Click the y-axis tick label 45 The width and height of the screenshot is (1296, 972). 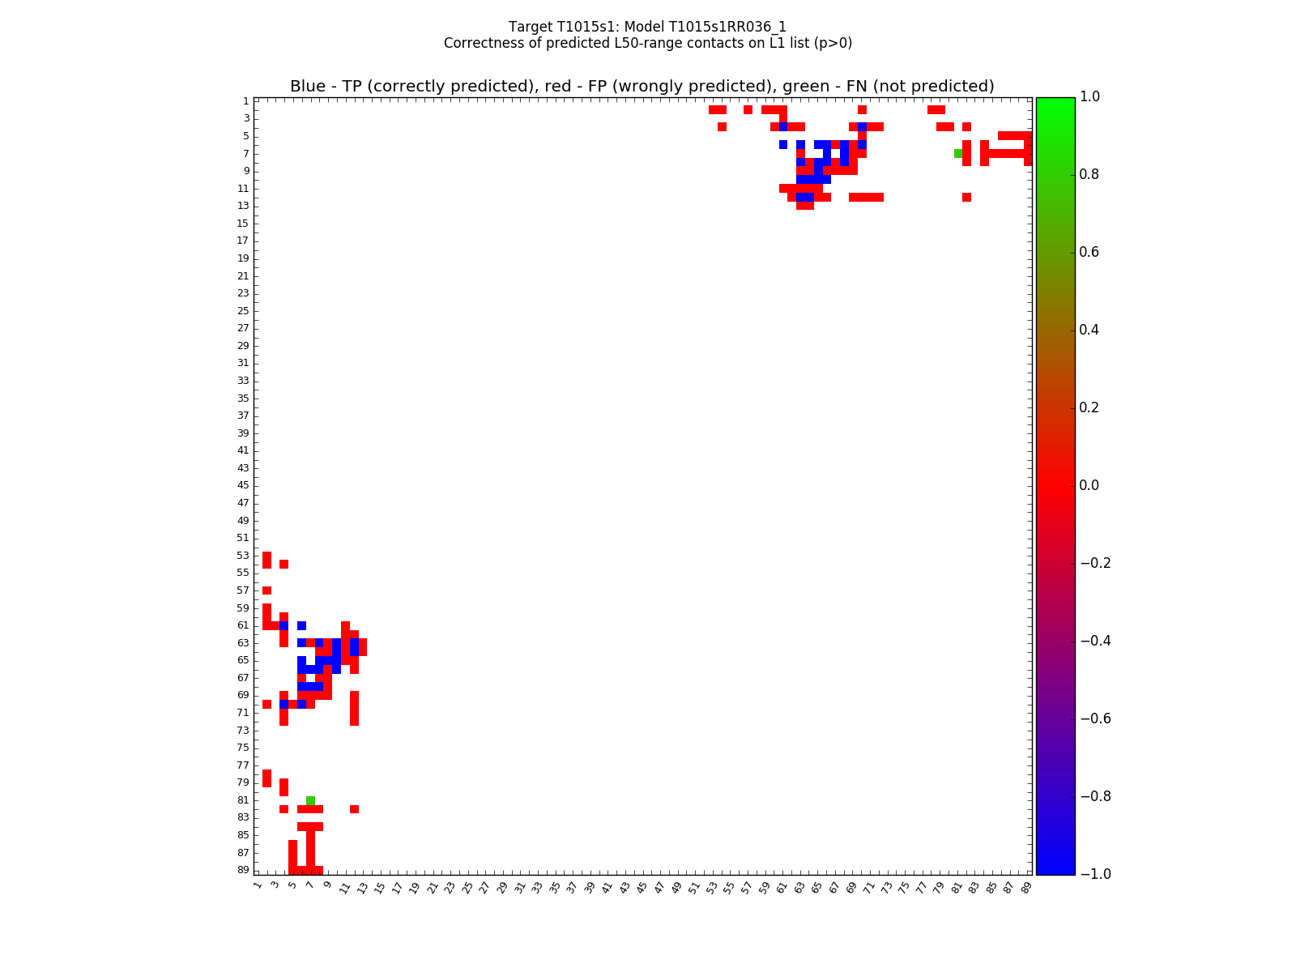coord(243,485)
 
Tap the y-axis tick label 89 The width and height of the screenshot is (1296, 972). coord(243,870)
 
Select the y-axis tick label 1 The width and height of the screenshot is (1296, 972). coord(245,101)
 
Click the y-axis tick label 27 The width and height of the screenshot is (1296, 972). coord(243,328)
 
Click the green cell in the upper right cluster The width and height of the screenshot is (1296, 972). coord(958,153)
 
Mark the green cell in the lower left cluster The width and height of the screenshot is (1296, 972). coord(310,800)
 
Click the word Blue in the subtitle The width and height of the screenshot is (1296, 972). coord(308,87)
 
